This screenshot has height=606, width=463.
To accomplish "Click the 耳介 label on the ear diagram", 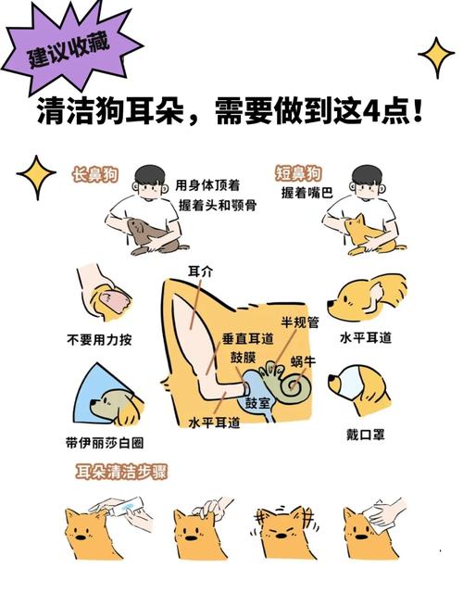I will (200, 271).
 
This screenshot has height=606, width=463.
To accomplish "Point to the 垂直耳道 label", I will (247, 340).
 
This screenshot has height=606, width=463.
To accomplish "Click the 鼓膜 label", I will (244, 358).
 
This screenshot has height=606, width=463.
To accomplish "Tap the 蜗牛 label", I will (303, 360).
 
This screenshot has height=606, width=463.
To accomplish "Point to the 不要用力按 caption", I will (98, 340).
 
